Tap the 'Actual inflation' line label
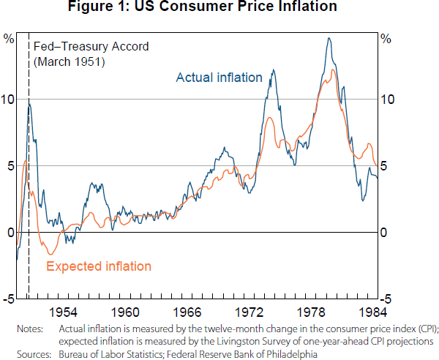[x=219, y=78]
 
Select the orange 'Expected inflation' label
[x=99, y=266]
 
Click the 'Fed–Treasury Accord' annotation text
[x=91, y=46]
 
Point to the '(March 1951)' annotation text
[x=70, y=61]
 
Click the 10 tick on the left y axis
[x=8, y=100]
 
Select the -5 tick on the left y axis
[x=8, y=299]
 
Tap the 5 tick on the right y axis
[x=388, y=166]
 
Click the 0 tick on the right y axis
[x=388, y=233]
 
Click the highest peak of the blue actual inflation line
[x=329, y=38]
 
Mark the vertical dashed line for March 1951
[x=29, y=183]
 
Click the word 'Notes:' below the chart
[x=29, y=329]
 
